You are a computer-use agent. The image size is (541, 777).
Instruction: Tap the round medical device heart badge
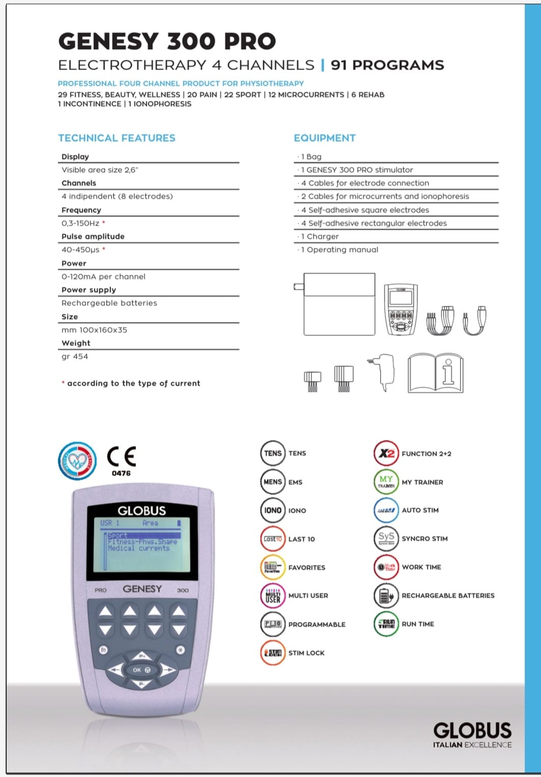[x=77, y=461]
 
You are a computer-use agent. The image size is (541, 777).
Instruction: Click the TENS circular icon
[x=272, y=453]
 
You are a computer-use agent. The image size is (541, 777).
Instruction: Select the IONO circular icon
[x=272, y=510]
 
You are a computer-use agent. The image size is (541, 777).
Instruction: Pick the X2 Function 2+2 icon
[x=386, y=453]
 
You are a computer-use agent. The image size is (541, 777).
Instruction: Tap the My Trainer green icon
[x=386, y=481]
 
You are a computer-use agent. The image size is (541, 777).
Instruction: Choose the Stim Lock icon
[x=272, y=653]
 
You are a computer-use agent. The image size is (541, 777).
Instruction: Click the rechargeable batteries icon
[x=386, y=595]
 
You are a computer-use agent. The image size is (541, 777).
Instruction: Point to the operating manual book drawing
[x=435, y=374]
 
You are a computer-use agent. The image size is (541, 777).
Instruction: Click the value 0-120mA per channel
[x=103, y=276]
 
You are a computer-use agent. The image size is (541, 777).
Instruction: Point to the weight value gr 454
[x=75, y=356]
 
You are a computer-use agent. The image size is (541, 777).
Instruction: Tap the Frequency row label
[x=81, y=210]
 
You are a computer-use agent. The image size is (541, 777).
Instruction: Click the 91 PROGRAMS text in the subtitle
[x=387, y=65]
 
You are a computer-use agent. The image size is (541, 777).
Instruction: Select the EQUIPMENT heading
[x=325, y=138]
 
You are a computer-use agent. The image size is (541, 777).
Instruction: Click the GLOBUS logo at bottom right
[x=472, y=731]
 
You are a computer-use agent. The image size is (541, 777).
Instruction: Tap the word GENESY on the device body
[x=142, y=589]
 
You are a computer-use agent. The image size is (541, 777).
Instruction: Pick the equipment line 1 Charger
[x=320, y=236]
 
